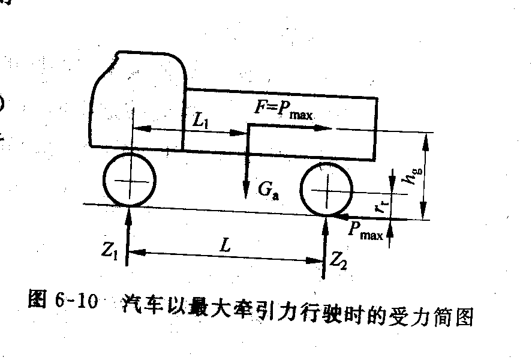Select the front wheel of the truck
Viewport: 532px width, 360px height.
(x=129, y=179)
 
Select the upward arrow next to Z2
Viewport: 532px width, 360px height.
(x=324, y=246)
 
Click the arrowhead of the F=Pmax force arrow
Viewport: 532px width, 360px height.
(x=327, y=127)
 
